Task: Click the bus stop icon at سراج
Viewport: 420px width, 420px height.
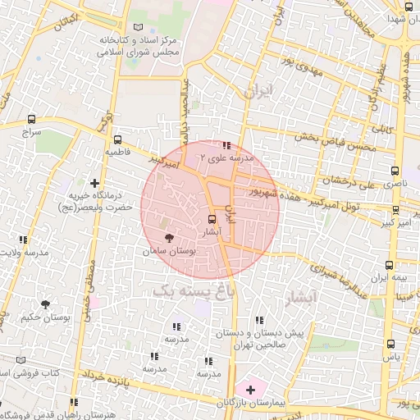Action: (x=31, y=119)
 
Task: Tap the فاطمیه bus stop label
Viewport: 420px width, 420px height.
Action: (x=116, y=153)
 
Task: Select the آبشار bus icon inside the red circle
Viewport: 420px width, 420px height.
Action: (x=212, y=219)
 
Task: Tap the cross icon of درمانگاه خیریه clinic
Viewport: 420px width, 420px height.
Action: (x=96, y=183)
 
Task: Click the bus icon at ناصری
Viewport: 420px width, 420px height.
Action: (x=396, y=171)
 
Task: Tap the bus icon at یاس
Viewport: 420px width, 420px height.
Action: (x=390, y=345)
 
